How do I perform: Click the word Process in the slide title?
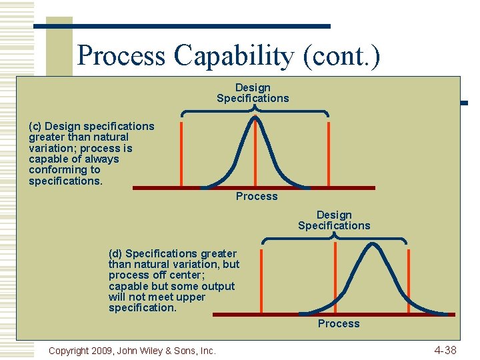click(121, 55)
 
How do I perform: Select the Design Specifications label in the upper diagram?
click(253, 93)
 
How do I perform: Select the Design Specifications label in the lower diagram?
click(334, 220)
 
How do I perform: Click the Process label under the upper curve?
click(257, 196)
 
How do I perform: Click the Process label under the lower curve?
click(339, 323)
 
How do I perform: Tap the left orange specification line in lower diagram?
click(261, 280)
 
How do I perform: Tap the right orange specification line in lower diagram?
click(407, 280)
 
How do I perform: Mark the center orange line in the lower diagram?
click(335, 280)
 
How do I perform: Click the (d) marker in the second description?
click(115, 253)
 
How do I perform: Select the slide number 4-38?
click(445, 350)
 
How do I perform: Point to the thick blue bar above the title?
click(181, 26)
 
